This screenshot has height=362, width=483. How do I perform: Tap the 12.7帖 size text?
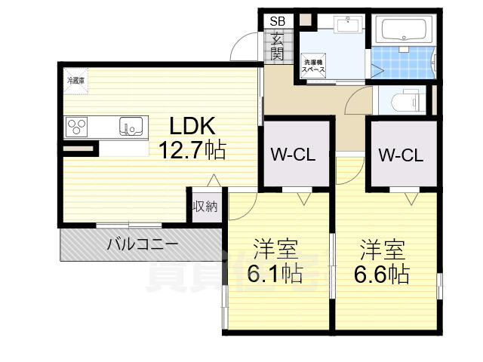pos(192,149)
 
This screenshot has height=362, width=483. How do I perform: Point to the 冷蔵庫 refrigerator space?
pos(76,81)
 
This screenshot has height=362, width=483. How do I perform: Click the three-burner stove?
pos(78,127)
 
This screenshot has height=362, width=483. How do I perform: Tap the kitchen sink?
pos(131,127)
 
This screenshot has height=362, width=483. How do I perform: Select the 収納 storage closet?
pos(204,206)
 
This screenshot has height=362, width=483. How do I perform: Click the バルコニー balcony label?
pos(142,244)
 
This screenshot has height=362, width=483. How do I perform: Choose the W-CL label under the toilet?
pos(401,156)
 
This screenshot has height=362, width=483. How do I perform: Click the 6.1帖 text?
pos(275,274)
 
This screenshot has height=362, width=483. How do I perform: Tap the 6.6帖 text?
pos(382,274)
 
